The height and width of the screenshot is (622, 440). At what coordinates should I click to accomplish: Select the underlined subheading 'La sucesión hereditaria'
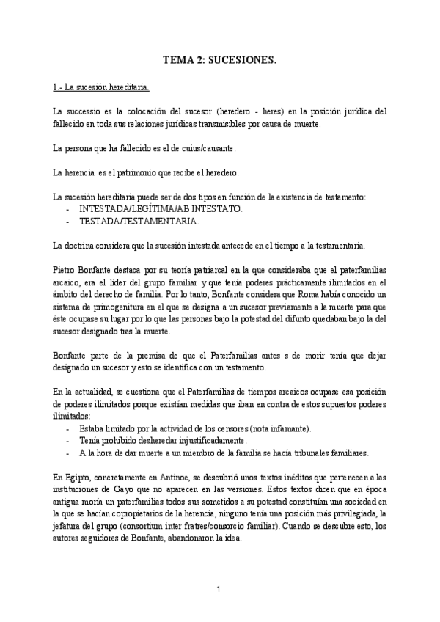101,88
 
